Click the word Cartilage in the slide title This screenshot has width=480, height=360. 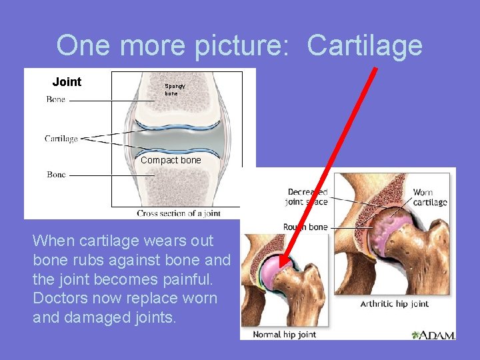tap(365, 45)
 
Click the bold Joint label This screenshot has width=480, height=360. tap(67, 82)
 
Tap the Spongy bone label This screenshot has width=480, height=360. tap(175, 89)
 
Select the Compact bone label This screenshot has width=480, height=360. tap(171, 160)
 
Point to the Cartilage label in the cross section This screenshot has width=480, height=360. tap(61, 139)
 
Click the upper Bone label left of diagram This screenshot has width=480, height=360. tap(56, 99)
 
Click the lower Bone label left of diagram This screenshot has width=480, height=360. tap(56, 175)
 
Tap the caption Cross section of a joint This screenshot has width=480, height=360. tap(179, 213)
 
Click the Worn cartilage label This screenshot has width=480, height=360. tap(429, 197)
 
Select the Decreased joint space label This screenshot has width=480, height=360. tap(308, 197)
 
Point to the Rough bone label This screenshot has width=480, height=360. tap(305, 227)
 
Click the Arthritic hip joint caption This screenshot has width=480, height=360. tap(394, 304)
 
